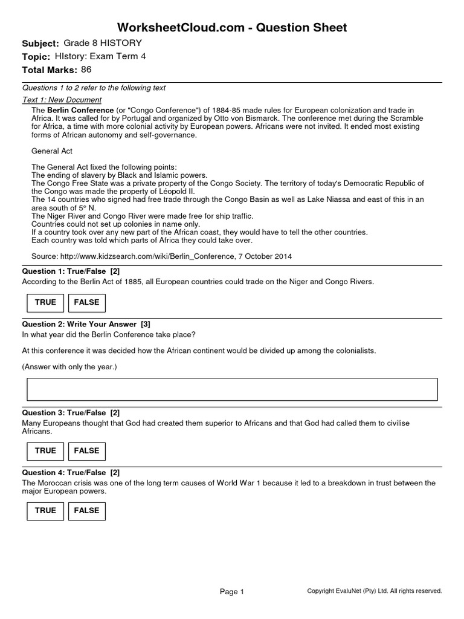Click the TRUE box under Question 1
point(45,302)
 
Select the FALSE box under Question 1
point(86,302)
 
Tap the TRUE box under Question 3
point(45,451)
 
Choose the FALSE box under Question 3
point(86,451)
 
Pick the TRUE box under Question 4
point(45,511)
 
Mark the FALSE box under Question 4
point(86,511)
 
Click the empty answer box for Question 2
point(232,389)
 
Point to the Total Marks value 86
point(86,70)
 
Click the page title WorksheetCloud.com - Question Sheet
point(232,27)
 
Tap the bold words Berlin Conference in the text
point(80,110)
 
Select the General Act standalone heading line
point(52,151)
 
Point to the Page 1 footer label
point(232,592)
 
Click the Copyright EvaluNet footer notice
point(375,591)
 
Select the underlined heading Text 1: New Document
point(62,100)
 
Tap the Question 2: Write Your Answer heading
point(86,324)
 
